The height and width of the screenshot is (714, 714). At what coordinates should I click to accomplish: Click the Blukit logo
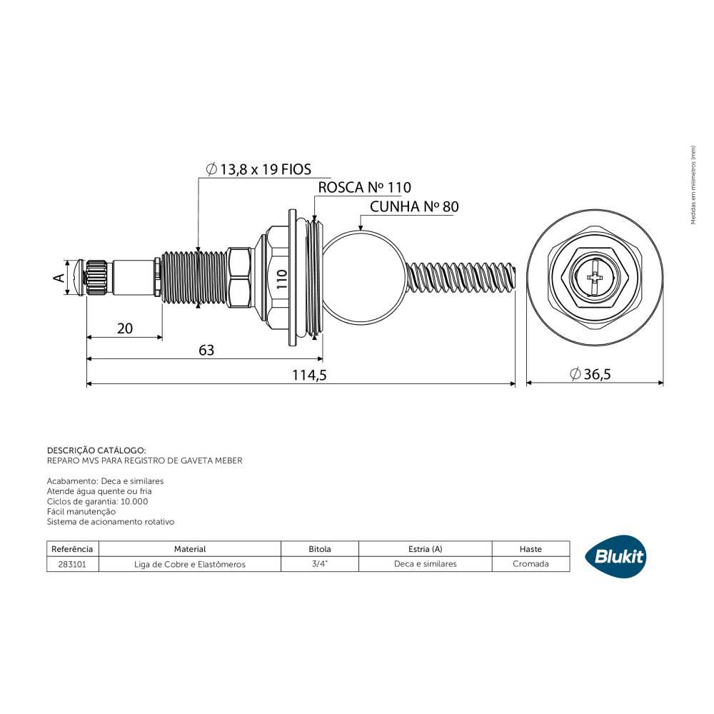click(615, 556)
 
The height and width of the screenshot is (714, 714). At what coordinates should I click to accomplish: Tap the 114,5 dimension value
click(309, 375)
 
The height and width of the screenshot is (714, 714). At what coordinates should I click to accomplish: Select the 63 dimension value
click(206, 350)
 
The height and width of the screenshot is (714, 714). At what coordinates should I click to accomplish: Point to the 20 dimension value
click(125, 328)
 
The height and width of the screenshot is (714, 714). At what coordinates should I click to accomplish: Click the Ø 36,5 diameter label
click(590, 374)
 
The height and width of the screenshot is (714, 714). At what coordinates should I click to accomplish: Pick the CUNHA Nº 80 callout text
click(414, 206)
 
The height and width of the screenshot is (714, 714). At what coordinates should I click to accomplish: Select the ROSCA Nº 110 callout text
click(364, 187)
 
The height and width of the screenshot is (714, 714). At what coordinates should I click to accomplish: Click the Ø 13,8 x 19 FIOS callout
click(258, 169)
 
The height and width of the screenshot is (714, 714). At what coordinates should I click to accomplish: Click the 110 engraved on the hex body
click(282, 279)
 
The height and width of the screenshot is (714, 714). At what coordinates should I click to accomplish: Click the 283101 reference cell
click(72, 564)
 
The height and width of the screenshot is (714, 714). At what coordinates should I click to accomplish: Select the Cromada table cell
click(531, 564)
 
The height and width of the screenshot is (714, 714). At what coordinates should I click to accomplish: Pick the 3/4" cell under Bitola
click(320, 564)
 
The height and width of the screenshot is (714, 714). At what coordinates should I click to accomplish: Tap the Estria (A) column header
click(425, 549)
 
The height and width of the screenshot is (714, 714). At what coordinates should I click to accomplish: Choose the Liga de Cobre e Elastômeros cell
click(189, 564)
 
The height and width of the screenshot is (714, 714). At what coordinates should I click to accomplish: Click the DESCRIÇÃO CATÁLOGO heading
click(96, 451)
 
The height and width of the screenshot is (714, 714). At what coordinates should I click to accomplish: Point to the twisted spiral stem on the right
click(460, 278)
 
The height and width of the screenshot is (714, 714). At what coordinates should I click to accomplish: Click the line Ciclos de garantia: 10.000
click(97, 501)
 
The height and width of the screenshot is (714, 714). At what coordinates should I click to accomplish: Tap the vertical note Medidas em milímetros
click(693, 185)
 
